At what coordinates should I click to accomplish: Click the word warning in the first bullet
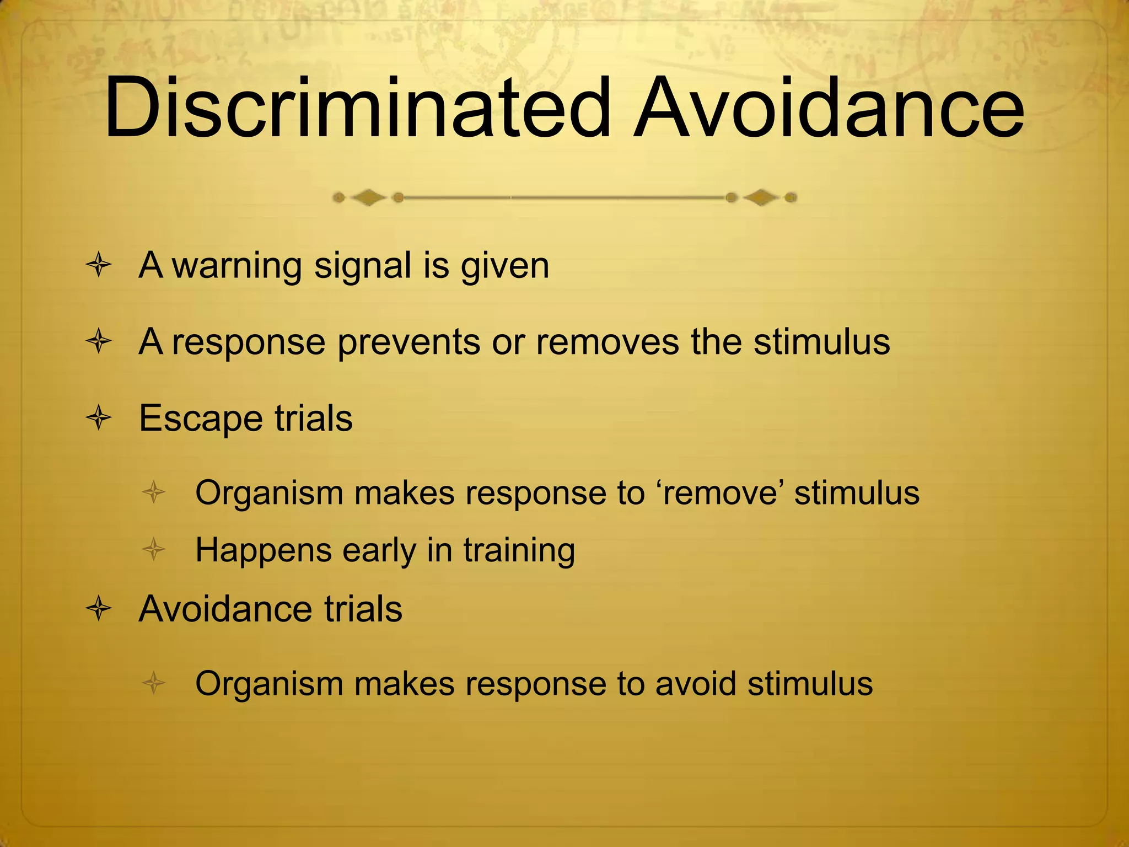(x=237, y=266)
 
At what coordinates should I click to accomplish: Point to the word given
(x=505, y=266)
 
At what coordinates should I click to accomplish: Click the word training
(x=519, y=551)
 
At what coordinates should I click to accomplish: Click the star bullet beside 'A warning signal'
(x=99, y=266)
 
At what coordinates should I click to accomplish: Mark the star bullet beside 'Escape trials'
(x=99, y=418)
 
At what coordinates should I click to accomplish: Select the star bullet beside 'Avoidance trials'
(x=99, y=609)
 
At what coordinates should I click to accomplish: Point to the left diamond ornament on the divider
(x=368, y=197)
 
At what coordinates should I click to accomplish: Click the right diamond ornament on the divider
(x=761, y=197)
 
